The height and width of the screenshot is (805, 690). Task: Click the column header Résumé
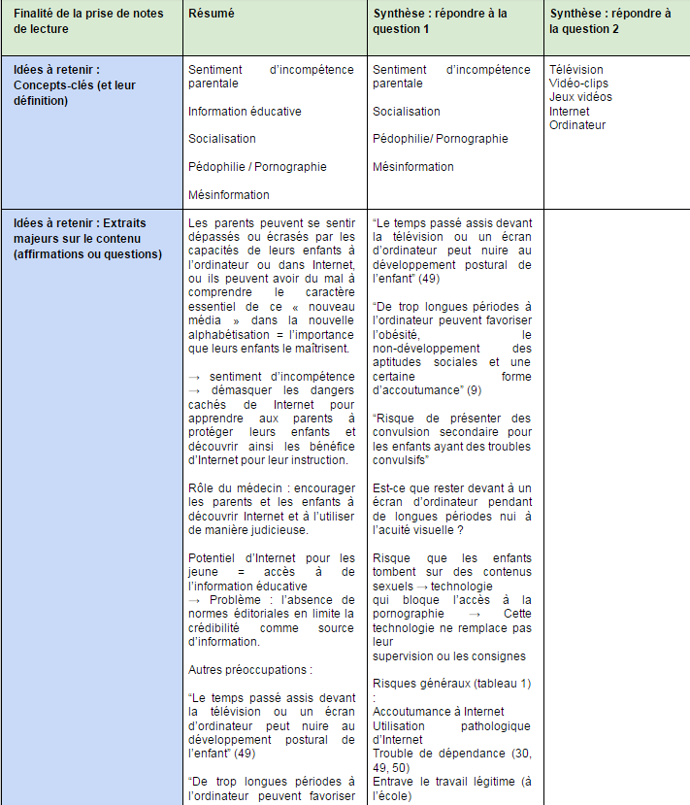click(212, 15)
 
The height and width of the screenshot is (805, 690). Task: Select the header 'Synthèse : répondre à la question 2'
click(609, 21)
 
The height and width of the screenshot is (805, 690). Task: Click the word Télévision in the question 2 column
click(575, 70)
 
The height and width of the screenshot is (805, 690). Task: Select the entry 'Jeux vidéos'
click(580, 97)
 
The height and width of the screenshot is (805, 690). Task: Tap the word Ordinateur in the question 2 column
click(577, 124)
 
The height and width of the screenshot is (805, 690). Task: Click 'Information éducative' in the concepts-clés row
click(245, 111)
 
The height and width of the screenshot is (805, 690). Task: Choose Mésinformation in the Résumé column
click(229, 194)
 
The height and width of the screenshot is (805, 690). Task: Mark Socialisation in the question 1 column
click(406, 111)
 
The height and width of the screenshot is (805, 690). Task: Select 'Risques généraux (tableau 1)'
click(451, 684)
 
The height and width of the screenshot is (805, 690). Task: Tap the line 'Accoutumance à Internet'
click(438, 712)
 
